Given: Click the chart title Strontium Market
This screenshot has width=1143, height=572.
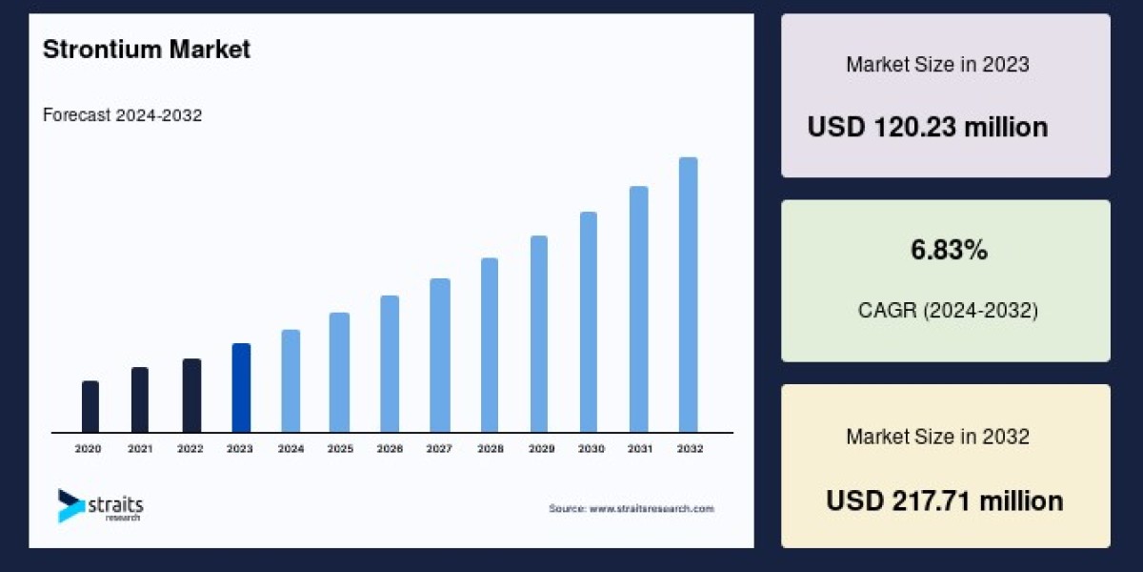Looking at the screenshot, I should click(147, 50).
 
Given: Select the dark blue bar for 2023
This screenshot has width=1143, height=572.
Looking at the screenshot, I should click(242, 387).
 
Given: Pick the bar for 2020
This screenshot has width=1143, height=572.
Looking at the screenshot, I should click(90, 406).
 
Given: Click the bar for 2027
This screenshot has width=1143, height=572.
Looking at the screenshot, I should click(439, 355).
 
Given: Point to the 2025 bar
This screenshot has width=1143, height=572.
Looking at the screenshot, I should click(340, 372).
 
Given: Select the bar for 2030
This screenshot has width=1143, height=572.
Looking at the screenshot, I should click(589, 321).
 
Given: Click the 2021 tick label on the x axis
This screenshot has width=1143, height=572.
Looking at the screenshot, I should click(140, 448).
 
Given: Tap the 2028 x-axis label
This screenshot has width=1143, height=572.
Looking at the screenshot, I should click(490, 448).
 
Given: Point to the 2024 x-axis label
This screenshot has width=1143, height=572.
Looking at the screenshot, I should click(291, 448).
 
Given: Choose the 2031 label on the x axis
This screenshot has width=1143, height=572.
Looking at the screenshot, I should click(639, 448).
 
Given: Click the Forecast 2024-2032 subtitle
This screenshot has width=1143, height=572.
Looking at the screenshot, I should click(122, 115).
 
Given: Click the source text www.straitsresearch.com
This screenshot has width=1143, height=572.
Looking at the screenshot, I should click(631, 509).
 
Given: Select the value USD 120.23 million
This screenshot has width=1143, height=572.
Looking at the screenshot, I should click(928, 127).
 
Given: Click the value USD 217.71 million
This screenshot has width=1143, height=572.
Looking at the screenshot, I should click(945, 500).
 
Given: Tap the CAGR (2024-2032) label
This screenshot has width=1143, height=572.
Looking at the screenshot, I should click(946, 310).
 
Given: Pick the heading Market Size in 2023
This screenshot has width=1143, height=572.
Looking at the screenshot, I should click(937, 65).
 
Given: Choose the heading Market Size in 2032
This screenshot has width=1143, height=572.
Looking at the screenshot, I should click(937, 437).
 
